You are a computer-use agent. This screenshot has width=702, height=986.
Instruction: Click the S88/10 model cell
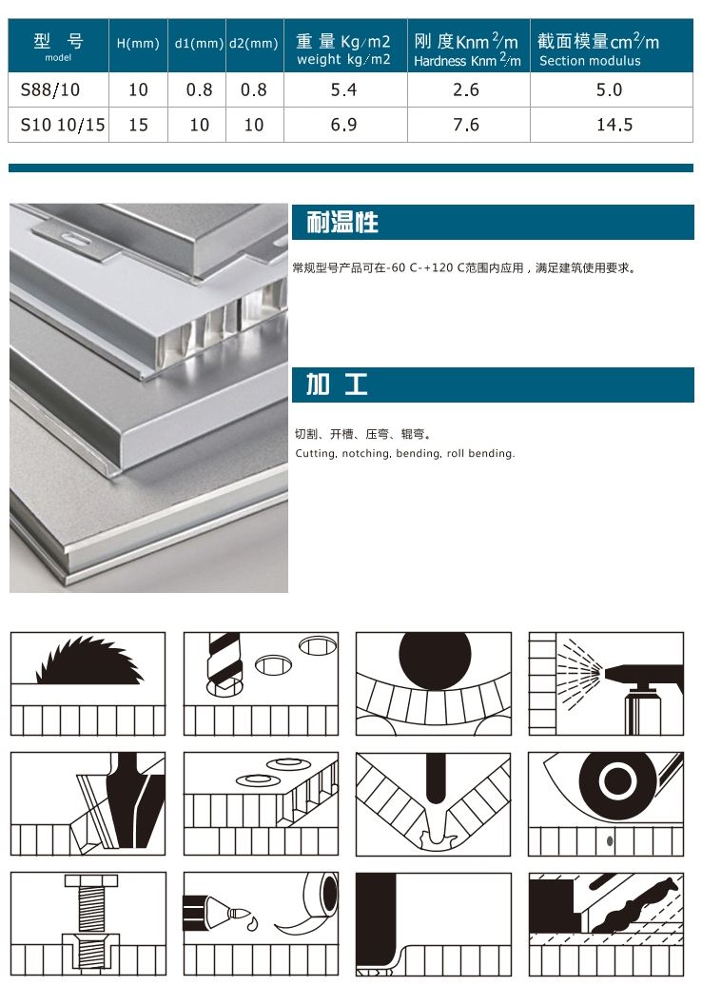coord(50,89)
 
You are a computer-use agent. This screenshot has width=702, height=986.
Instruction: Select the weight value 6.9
coord(343,125)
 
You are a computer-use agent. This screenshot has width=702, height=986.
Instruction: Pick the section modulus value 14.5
coord(614,125)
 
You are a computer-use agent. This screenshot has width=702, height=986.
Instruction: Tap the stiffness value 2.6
coord(466,89)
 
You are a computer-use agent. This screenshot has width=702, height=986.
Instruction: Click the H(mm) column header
coord(138,44)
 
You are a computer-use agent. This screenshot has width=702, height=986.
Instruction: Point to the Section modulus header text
coord(590,61)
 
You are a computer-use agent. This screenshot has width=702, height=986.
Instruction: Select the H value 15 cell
coord(138,125)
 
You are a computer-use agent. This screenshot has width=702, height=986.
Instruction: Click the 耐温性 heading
coord(341,222)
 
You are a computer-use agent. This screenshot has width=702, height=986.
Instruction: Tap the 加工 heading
coord(337,384)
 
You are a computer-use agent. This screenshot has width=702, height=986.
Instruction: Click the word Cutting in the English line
coord(316,453)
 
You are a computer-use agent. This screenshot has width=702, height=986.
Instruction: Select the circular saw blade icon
coord(89,661)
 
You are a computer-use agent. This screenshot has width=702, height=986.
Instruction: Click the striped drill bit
coord(223,661)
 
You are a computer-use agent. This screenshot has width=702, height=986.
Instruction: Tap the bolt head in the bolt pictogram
coord(88,881)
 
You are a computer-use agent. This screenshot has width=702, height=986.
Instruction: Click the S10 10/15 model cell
coord(63,125)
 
